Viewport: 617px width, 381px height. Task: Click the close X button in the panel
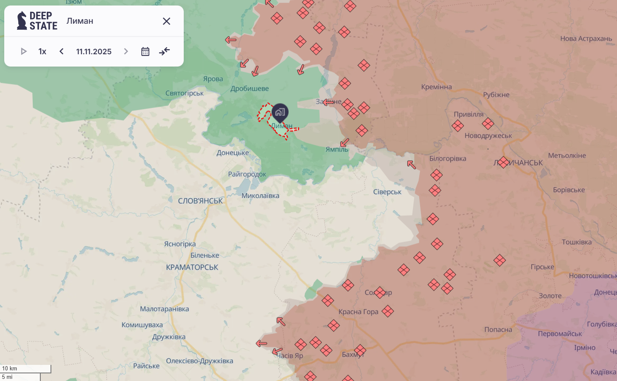166,21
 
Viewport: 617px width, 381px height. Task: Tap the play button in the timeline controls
24,51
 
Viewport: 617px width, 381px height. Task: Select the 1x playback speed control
42,51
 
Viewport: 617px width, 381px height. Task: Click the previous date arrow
62,51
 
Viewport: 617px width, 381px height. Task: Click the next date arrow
126,51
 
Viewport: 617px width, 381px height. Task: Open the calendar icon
145,51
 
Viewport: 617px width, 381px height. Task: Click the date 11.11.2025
94,51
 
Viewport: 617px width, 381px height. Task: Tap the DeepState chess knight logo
22,21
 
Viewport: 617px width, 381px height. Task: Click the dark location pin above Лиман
280,112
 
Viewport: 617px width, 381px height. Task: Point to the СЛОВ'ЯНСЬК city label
200,201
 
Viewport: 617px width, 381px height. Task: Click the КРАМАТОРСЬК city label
192,267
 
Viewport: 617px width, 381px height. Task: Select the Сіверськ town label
387,192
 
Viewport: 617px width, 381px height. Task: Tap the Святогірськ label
185,93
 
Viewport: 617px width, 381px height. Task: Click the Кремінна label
436,87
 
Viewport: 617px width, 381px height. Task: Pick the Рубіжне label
496,95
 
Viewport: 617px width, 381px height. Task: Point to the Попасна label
498,330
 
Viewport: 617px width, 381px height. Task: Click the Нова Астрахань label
586,39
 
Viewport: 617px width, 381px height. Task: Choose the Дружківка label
169,337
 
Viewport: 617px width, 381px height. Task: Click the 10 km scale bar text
10,369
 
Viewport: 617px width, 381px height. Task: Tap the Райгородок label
247,174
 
